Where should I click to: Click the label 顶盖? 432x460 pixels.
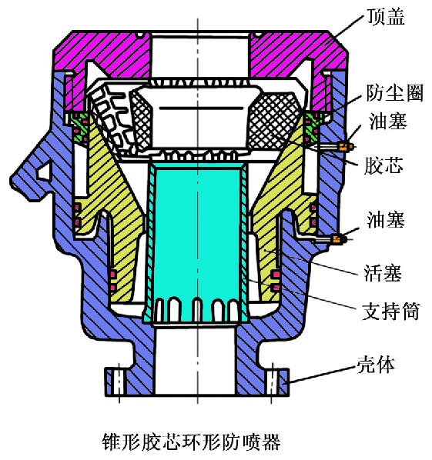coord(386,16)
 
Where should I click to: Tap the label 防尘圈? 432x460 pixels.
coord(394,93)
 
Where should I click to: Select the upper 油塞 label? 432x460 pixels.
coord(388,121)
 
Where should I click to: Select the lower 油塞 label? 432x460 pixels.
coord(386,219)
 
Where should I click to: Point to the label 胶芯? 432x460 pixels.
coord(383,165)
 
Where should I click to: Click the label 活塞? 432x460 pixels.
coord(383,272)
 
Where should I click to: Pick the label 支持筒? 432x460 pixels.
coord(391,311)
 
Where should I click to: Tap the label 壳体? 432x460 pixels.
coord(376,365)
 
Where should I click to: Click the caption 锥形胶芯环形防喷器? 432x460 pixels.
coord(191,442)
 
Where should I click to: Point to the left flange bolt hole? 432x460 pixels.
coord(119,382)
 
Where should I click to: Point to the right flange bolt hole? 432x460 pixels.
coord(273,382)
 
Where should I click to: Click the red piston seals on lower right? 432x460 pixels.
coord(276,281)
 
